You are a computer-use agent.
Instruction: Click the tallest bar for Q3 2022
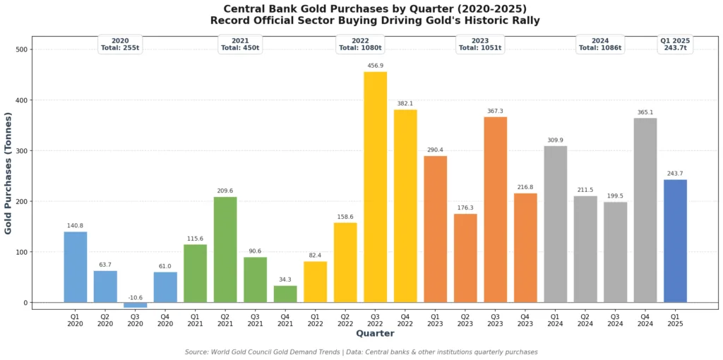pyautogui.click(x=375, y=187)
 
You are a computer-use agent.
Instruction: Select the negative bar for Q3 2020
pyautogui.click(x=135, y=305)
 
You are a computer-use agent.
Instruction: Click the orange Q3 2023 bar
pyautogui.click(x=495, y=210)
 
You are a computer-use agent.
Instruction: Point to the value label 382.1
pyautogui.click(x=405, y=103)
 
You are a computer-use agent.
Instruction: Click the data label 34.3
pyautogui.click(x=285, y=280)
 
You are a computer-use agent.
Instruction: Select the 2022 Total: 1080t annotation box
pyautogui.click(x=360, y=44)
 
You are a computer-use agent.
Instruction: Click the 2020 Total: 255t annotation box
pyautogui.click(x=120, y=44)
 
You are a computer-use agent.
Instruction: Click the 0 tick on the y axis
pyautogui.click(x=25, y=303)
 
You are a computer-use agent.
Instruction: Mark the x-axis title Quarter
pyautogui.click(x=375, y=333)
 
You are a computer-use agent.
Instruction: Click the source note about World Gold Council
pyautogui.click(x=361, y=352)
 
